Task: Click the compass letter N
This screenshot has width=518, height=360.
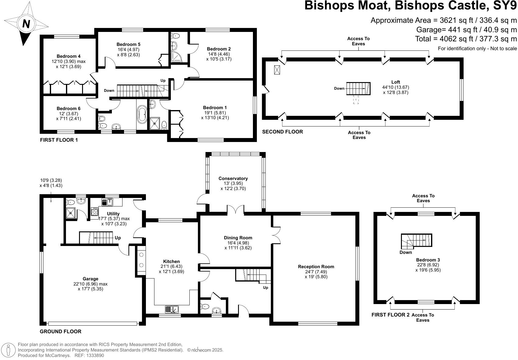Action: click(26, 24)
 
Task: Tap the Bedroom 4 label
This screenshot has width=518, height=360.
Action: click(68, 56)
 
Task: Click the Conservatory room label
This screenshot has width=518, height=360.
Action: click(233, 178)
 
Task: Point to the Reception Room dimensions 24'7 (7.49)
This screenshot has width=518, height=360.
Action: click(316, 272)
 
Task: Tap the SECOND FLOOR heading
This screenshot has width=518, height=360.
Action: click(282, 132)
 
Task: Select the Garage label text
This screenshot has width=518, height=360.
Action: click(90, 279)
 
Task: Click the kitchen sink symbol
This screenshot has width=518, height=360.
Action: click(172, 310)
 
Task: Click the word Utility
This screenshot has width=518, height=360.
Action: click(113, 214)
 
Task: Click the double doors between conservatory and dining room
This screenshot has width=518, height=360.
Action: click(236, 210)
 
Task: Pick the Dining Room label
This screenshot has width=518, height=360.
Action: click(238, 238)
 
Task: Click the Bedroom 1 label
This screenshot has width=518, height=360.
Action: click(215, 108)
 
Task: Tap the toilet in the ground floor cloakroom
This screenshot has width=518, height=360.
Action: click(205, 306)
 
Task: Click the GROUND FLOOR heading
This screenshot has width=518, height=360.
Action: click(60, 331)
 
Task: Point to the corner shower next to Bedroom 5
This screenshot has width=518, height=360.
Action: click(176, 57)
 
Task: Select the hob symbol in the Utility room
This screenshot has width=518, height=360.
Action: click(94, 211)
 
